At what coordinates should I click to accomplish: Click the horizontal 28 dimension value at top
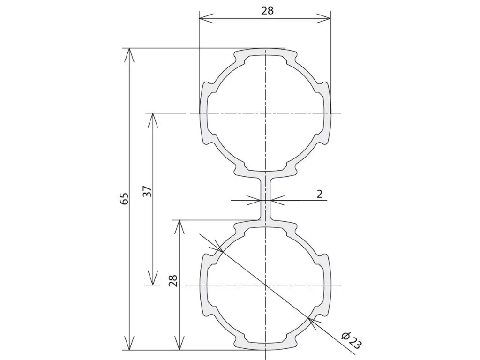(x=267, y=11)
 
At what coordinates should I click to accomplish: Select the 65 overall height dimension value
(x=126, y=199)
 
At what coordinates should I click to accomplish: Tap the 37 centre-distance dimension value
(x=148, y=192)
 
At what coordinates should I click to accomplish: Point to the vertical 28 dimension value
(x=173, y=280)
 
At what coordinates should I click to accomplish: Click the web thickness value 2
(x=319, y=194)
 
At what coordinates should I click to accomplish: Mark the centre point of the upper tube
(x=265, y=113)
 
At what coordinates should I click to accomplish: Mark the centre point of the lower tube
(x=265, y=285)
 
